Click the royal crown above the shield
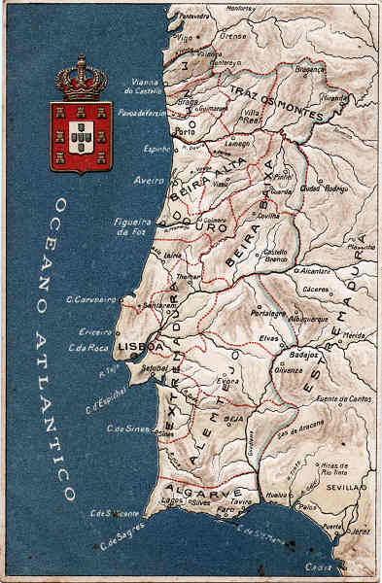click(81, 80)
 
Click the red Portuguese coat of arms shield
click(81, 136)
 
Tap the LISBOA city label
click(134, 345)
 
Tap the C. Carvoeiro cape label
click(91, 299)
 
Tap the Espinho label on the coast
click(156, 149)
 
